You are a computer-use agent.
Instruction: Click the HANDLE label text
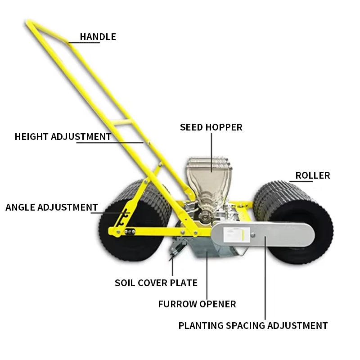(x=98, y=37)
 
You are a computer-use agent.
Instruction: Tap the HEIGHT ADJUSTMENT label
(x=63, y=136)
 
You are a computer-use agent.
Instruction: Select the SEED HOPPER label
(x=211, y=127)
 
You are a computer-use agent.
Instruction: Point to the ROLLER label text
(x=312, y=175)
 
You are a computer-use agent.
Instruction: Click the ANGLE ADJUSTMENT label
(x=52, y=207)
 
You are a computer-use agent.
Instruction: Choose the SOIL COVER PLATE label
(x=156, y=283)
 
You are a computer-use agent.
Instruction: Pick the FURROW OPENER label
(x=197, y=304)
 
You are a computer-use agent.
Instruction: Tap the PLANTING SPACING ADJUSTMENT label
(x=253, y=325)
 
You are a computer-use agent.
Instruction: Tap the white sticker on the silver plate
(x=235, y=234)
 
